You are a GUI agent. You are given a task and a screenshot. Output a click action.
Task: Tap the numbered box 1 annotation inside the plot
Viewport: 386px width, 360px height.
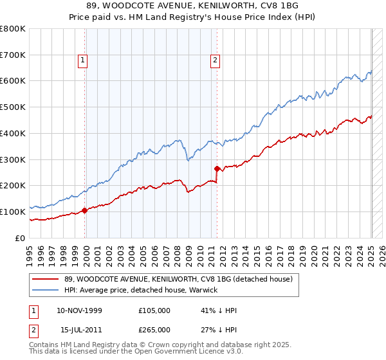click(x=84, y=61)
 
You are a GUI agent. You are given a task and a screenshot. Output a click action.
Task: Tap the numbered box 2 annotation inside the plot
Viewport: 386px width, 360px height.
click(x=214, y=61)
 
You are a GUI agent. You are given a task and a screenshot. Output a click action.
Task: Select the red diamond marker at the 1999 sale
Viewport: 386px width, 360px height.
click(x=85, y=210)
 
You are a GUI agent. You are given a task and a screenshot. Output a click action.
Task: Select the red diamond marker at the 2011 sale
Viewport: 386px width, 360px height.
click(x=217, y=169)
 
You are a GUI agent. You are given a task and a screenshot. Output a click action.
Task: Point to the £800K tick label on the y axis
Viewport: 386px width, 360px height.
click(x=13, y=29)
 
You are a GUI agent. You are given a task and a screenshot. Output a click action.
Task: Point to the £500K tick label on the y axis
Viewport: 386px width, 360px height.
click(x=13, y=107)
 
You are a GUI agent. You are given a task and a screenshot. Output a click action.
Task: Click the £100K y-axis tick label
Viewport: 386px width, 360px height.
click(x=13, y=212)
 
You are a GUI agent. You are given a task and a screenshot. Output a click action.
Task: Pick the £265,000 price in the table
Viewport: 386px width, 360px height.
click(x=154, y=330)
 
